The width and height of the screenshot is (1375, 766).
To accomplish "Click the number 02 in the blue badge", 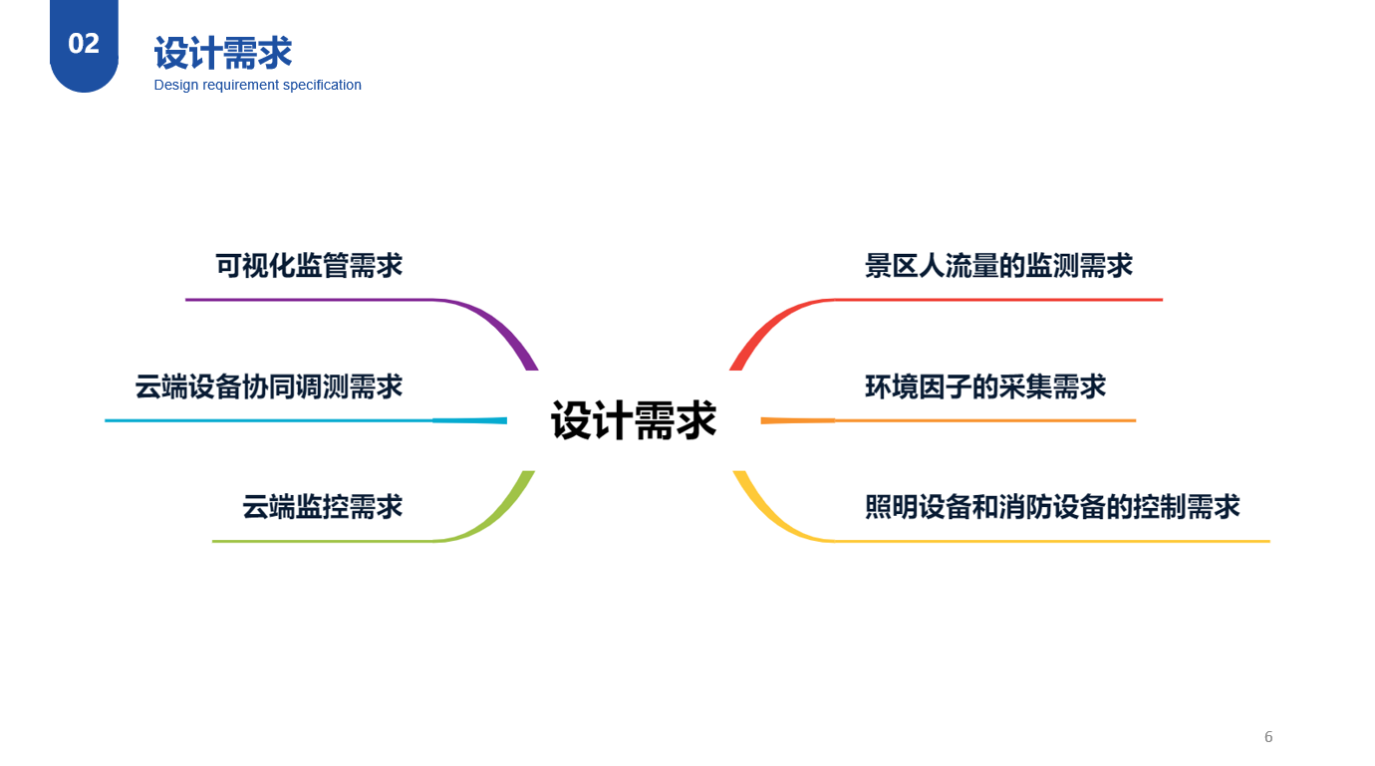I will pyautogui.click(x=84, y=44).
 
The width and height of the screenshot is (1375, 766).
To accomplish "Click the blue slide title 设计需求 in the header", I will pyautogui.click(x=223, y=53).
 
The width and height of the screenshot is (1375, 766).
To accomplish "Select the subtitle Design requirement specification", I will pyautogui.click(x=257, y=86).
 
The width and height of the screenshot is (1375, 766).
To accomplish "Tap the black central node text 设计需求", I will pyautogui.click(x=634, y=420).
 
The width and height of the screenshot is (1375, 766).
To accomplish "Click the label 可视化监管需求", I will pyautogui.click(x=309, y=266).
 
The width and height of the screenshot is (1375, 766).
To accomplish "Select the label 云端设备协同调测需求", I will pyautogui.click(x=269, y=386).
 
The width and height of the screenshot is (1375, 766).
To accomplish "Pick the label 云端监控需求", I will pyautogui.click(x=322, y=507).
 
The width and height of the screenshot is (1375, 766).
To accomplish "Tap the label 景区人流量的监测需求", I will pyautogui.click(x=998, y=266).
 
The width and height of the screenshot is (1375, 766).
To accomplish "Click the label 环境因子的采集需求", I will pyautogui.click(x=985, y=386).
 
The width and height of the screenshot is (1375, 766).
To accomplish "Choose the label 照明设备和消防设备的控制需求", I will pyautogui.click(x=1052, y=507).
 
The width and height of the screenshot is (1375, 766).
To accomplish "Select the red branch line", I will pyautogui.click(x=996, y=299).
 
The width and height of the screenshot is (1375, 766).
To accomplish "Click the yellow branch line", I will pyautogui.click(x=1046, y=541).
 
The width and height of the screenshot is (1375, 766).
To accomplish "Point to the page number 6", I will pyautogui.click(x=1268, y=737).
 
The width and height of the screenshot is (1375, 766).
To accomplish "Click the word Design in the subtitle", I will pyautogui.click(x=176, y=86).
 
